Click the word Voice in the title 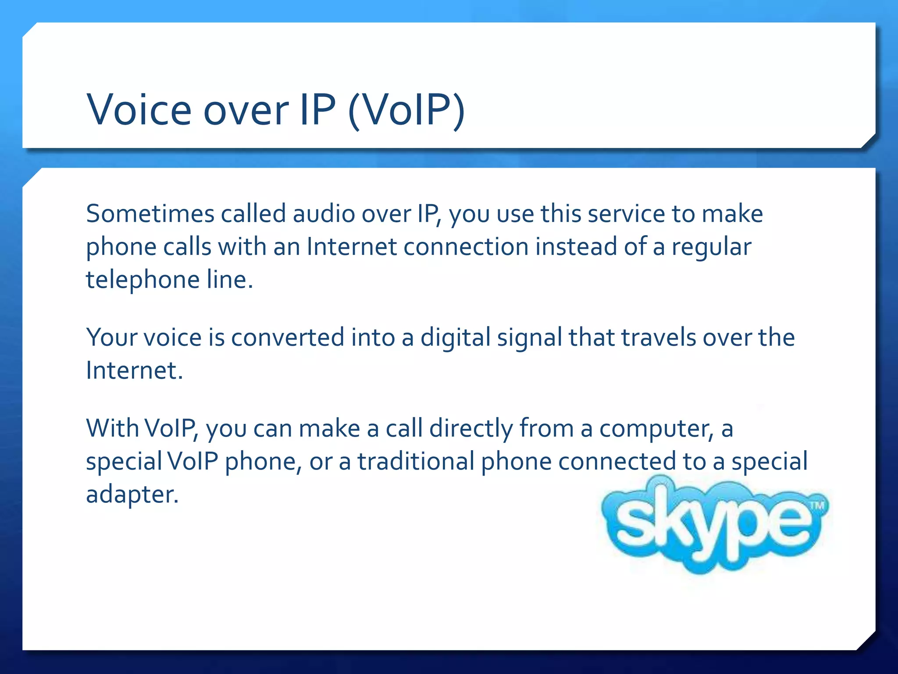[x=139, y=109]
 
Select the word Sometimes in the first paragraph [x=150, y=214]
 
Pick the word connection [x=466, y=247]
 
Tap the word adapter [x=132, y=495]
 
